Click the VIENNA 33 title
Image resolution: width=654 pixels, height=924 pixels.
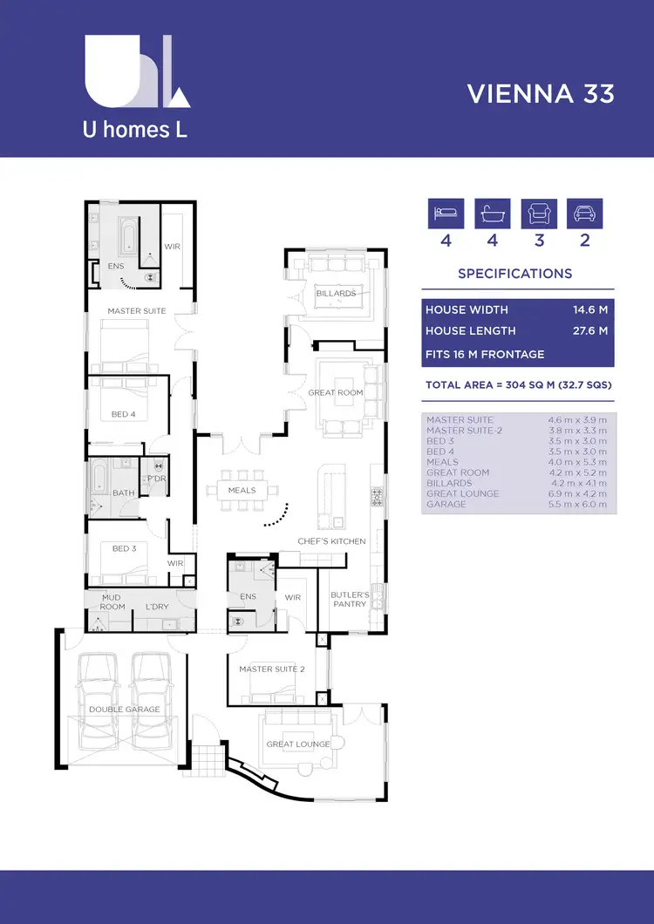[541, 93]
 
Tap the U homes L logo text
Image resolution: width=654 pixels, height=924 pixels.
[134, 131]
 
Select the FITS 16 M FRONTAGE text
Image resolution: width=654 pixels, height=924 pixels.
[484, 354]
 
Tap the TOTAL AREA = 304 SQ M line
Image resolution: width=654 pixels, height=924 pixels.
[517, 384]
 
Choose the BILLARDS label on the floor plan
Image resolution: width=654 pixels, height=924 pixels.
[336, 294]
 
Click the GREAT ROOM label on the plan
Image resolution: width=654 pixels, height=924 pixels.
[335, 393]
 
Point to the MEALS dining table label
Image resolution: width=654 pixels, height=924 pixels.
[242, 490]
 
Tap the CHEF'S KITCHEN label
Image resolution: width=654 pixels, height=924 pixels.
[331, 541]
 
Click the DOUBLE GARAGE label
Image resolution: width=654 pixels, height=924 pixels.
[124, 710]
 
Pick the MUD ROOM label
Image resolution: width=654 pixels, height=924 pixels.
[112, 601]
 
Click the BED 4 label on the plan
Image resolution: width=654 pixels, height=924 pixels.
[124, 414]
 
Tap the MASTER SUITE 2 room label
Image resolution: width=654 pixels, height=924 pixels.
[271, 669]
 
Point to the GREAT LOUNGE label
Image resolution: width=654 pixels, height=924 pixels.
[298, 744]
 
